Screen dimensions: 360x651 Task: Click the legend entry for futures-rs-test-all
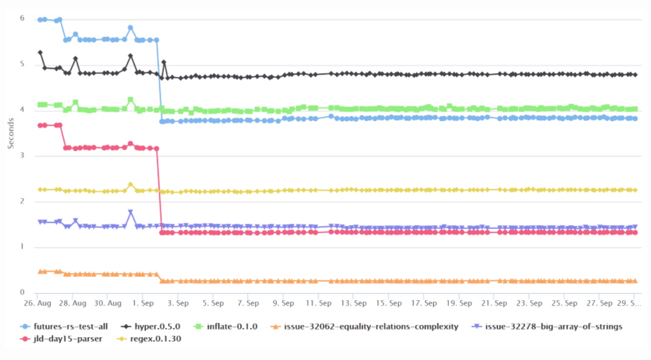coord(71,327)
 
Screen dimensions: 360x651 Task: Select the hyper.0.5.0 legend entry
coord(157,327)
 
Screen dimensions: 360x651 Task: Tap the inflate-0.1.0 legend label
coord(232,327)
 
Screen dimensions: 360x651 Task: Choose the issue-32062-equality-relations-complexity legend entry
coord(371,327)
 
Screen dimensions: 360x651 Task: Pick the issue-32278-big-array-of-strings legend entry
coord(553,327)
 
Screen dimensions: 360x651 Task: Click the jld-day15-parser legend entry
coord(68,339)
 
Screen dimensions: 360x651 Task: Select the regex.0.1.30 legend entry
coord(155,339)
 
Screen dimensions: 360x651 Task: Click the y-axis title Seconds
coord(10,134)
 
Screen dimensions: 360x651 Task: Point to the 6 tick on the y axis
coord(22,18)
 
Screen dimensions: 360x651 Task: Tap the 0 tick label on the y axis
coord(22,292)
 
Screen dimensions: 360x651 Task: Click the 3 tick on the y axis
coord(22,155)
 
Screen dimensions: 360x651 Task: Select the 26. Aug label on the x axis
coord(37,303)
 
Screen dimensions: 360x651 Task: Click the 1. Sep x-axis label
coord(143,303)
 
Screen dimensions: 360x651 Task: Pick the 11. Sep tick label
coord(319,303)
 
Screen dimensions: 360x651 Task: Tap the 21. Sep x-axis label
coord(494,303)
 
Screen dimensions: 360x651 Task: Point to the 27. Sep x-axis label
coord(599,303)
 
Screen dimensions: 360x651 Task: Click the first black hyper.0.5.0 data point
coord(40,52)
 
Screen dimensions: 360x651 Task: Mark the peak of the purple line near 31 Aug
coord(130,212)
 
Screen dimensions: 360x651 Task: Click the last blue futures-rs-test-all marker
coord(635,118)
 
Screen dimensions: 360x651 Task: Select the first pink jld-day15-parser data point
coord(40,125)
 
